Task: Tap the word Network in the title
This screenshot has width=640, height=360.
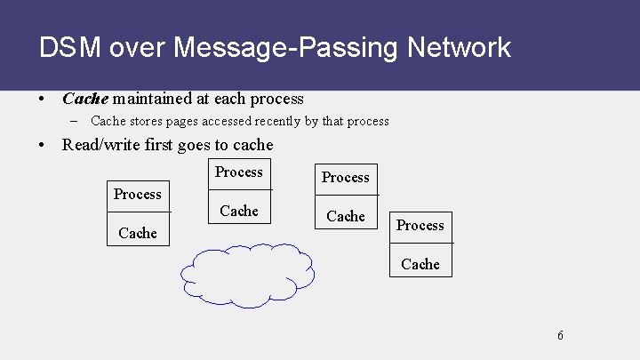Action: [x=459, y=47]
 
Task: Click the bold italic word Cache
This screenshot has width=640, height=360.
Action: [x=84, y=99]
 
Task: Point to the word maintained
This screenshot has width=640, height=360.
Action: [x=153, y=99]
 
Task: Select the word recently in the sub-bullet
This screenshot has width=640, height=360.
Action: [x=277, y=121]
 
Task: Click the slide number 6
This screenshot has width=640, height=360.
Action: [x=560, y=335]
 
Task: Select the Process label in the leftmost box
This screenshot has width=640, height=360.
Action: [x=138, y=194]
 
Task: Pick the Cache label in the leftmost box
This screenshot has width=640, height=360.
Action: [x=138, y=233]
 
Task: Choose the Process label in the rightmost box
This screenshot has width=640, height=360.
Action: [x=420, y=226]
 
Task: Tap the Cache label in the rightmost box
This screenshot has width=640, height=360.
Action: [x=420, y=264]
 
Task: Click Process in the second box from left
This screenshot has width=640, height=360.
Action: [x=239, y=172]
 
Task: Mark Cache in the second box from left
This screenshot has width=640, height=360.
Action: [x=239, y=211]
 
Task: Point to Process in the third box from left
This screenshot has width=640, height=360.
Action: [x=346, y=177]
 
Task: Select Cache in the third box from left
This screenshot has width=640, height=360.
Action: [x=346, y=216]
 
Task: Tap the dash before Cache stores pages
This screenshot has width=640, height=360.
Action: [x=77, y=121]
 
